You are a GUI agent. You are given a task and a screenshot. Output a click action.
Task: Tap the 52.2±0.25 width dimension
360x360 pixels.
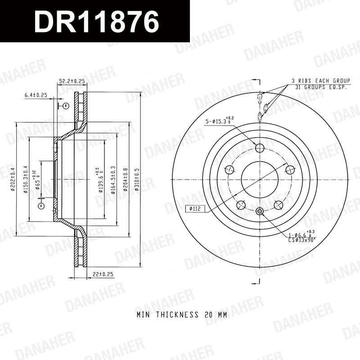(72, 81)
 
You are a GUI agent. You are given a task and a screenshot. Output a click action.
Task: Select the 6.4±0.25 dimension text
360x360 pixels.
(36, 95)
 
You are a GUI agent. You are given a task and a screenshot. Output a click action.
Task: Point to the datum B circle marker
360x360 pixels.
(66, 106)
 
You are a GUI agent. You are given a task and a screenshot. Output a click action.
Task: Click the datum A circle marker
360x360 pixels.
(41, 206)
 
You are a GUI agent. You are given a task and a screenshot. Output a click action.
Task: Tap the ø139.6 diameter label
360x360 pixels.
(99, 180)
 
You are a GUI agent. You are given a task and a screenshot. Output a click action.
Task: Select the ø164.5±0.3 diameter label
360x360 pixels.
(113, 180)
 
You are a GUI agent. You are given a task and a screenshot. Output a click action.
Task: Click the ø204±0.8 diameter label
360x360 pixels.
(126, 180)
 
